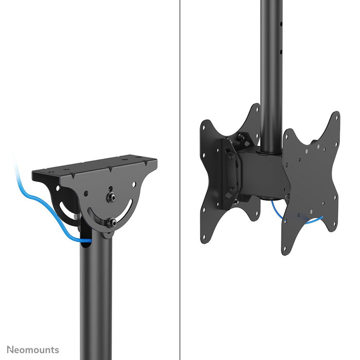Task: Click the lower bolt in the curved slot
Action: pos(111,223)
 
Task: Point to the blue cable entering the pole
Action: pos(82,239)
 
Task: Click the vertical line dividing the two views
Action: pos(180,180)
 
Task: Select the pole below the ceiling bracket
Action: pos(96,298)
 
